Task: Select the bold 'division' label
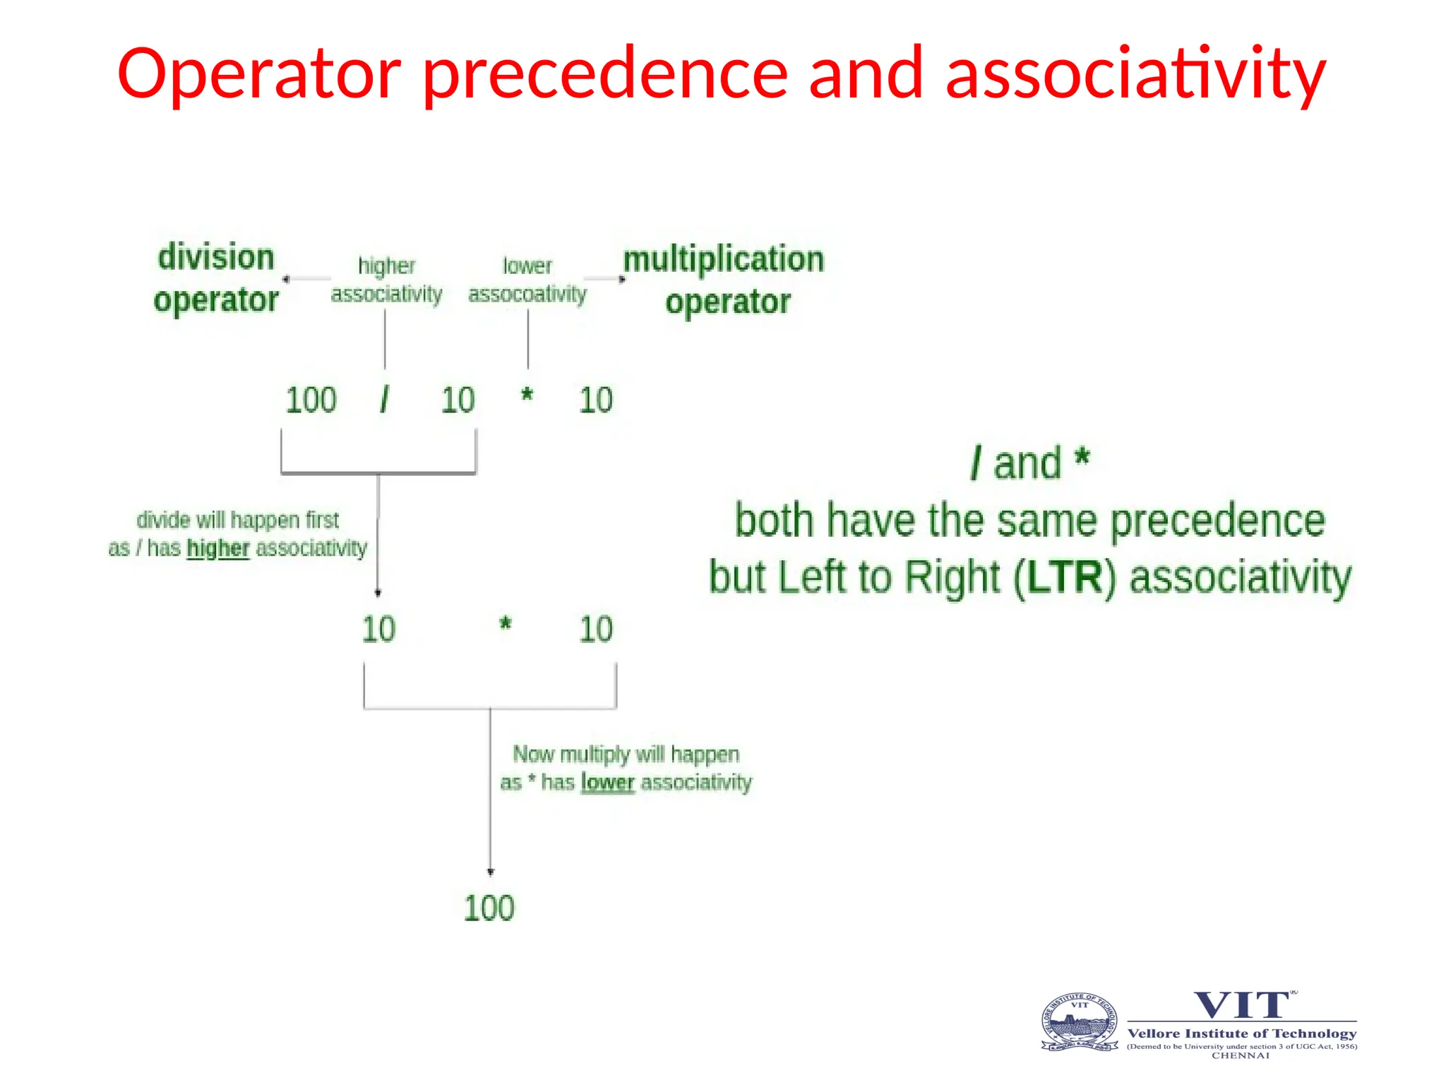216,257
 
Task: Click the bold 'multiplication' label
724,259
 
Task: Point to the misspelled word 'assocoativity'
527,294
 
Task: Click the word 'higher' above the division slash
386,266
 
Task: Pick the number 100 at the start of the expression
311,401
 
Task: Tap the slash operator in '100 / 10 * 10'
384,401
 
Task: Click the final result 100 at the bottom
489,908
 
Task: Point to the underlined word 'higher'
218,549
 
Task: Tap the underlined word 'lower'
608,783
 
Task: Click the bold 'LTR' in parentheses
1064,577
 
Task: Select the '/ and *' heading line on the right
1030,464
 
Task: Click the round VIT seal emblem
1080,1022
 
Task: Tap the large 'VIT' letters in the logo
1242,1005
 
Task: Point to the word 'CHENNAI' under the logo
1241,1055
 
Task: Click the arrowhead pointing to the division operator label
286,279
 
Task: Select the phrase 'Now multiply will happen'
626,754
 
